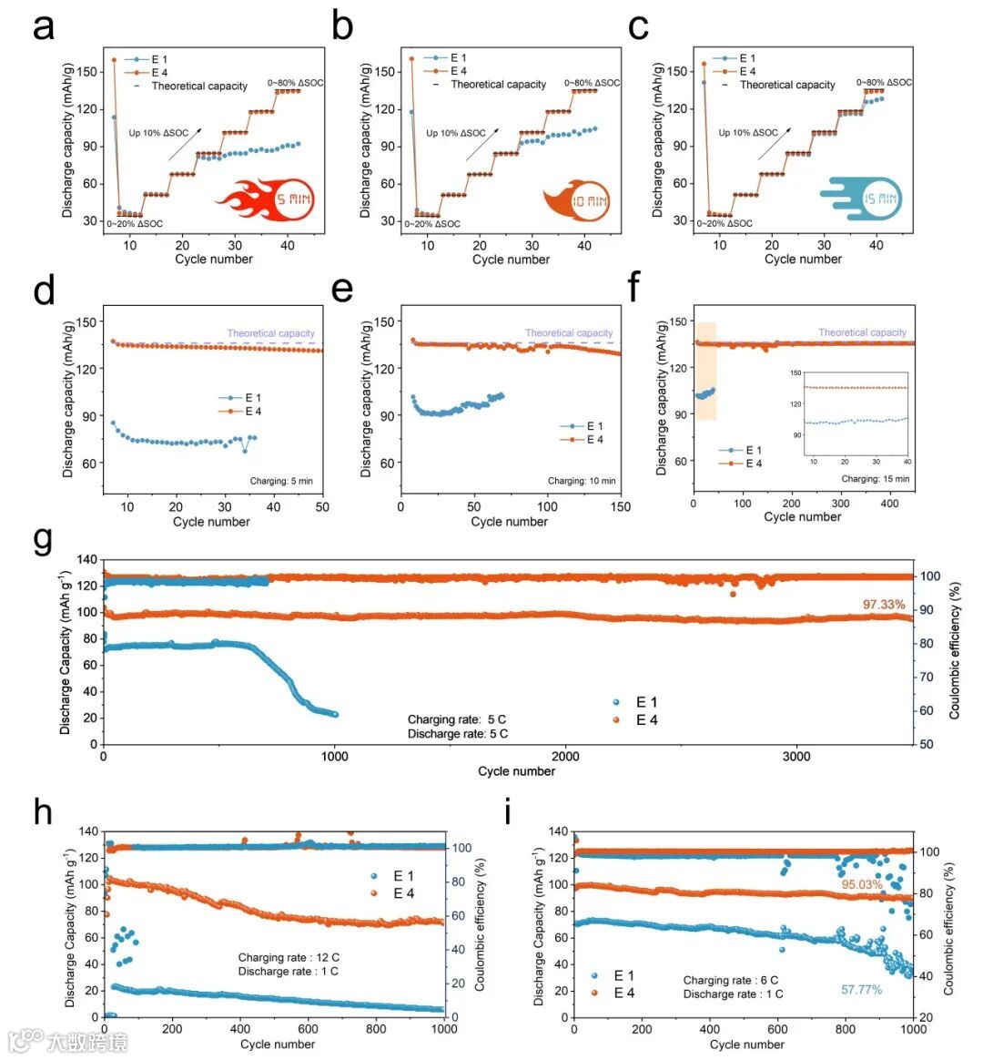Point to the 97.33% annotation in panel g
pyautogui.click(x=884, y=605)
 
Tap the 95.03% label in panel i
pyautogui.click(x=863, y=884)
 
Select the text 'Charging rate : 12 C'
pyautogui.click(x=289, y=957)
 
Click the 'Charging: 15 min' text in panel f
pyautogui.click(x=875, y=478)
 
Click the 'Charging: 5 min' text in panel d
pyautogui.click(x=281, y=480)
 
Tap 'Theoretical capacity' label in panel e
pyautogui.click(x=569, y=333)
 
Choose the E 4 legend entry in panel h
pyautogui.click(x=394, y=893)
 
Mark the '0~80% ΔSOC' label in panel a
pyautogui.click(x=296, y=83)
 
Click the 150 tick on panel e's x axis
pyautogui.click(x=621, y=506)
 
